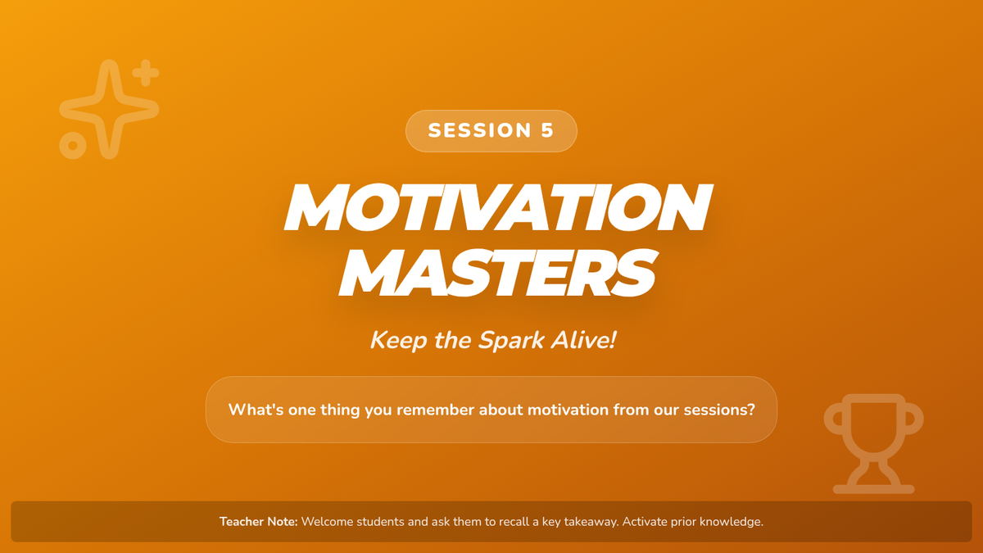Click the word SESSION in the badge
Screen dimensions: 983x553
(x=480, y=130)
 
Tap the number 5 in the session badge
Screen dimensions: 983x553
(x=547, y=130)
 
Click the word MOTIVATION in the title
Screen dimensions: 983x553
(x=499, y=206)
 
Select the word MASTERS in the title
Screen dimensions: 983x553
(x=499, y=273)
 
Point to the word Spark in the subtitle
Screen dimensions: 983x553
(x=511, y=341)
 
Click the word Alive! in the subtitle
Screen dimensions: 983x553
(x=583, y=340)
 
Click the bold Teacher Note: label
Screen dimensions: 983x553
(x=259, y=521)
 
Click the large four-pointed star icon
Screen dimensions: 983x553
(x=109, y=109)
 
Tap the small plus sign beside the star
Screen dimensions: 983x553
(x=146, y=73)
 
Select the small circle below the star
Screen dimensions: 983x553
(x=73, y=145)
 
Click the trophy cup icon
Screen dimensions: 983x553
(x=874, y=444)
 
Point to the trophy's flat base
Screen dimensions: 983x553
(x=874, y=489)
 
